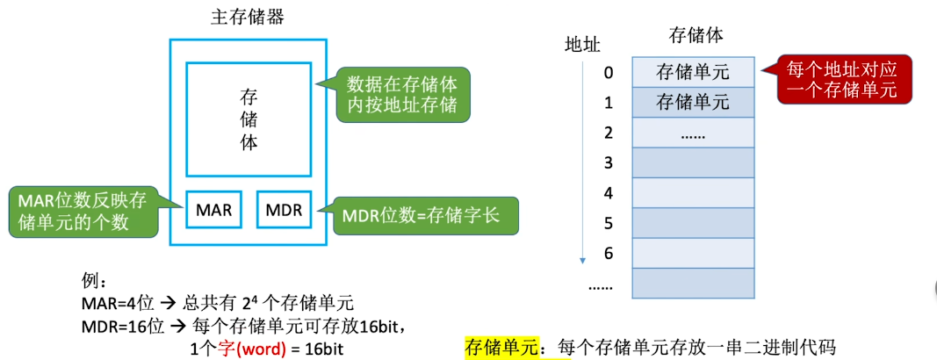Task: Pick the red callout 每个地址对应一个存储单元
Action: pos(844,80)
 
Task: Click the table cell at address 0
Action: pos(693,72)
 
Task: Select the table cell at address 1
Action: pos(693,103)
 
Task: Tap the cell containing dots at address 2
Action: pos(693,133)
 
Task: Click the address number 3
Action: pos(608,162)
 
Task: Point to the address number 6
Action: pos(608,253)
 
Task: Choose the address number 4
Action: pos(608,193)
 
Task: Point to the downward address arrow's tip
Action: pos(581,262)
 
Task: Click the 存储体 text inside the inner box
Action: pos(249,118)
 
